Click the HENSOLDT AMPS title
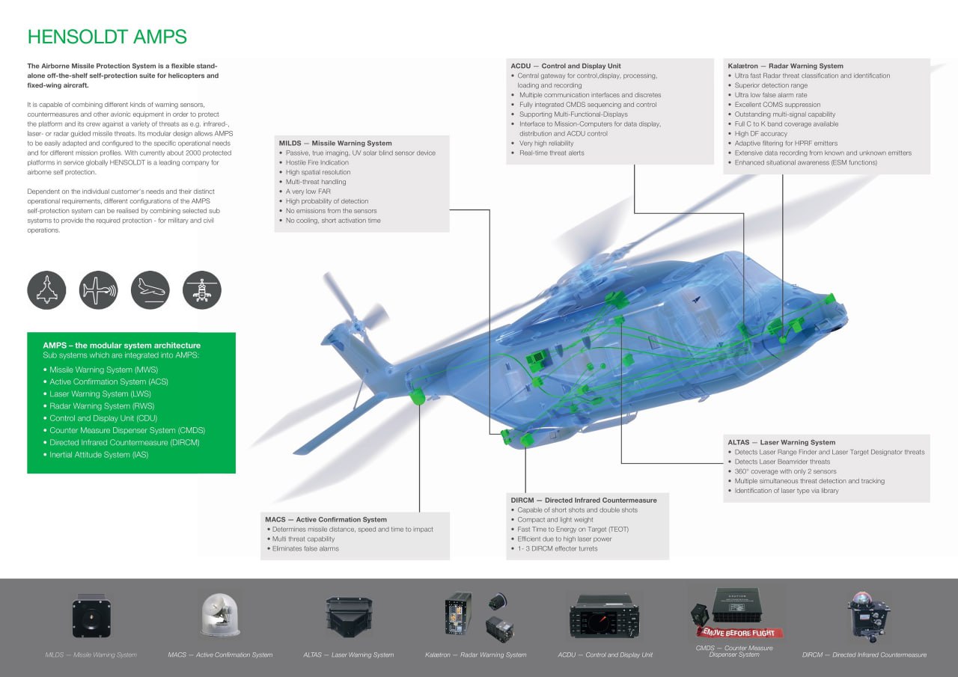[x=107, y=37]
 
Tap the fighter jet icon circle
[x=46, y=290]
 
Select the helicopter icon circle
[x=202, y=290]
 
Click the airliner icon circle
[x=150, y=290]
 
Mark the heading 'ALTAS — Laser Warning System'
[x=781, y=442]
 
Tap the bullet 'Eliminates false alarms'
[x=305, y=548]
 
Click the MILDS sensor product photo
[x=91, y=616]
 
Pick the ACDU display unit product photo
[x=605, y=616]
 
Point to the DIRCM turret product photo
[x=868, y=615]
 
